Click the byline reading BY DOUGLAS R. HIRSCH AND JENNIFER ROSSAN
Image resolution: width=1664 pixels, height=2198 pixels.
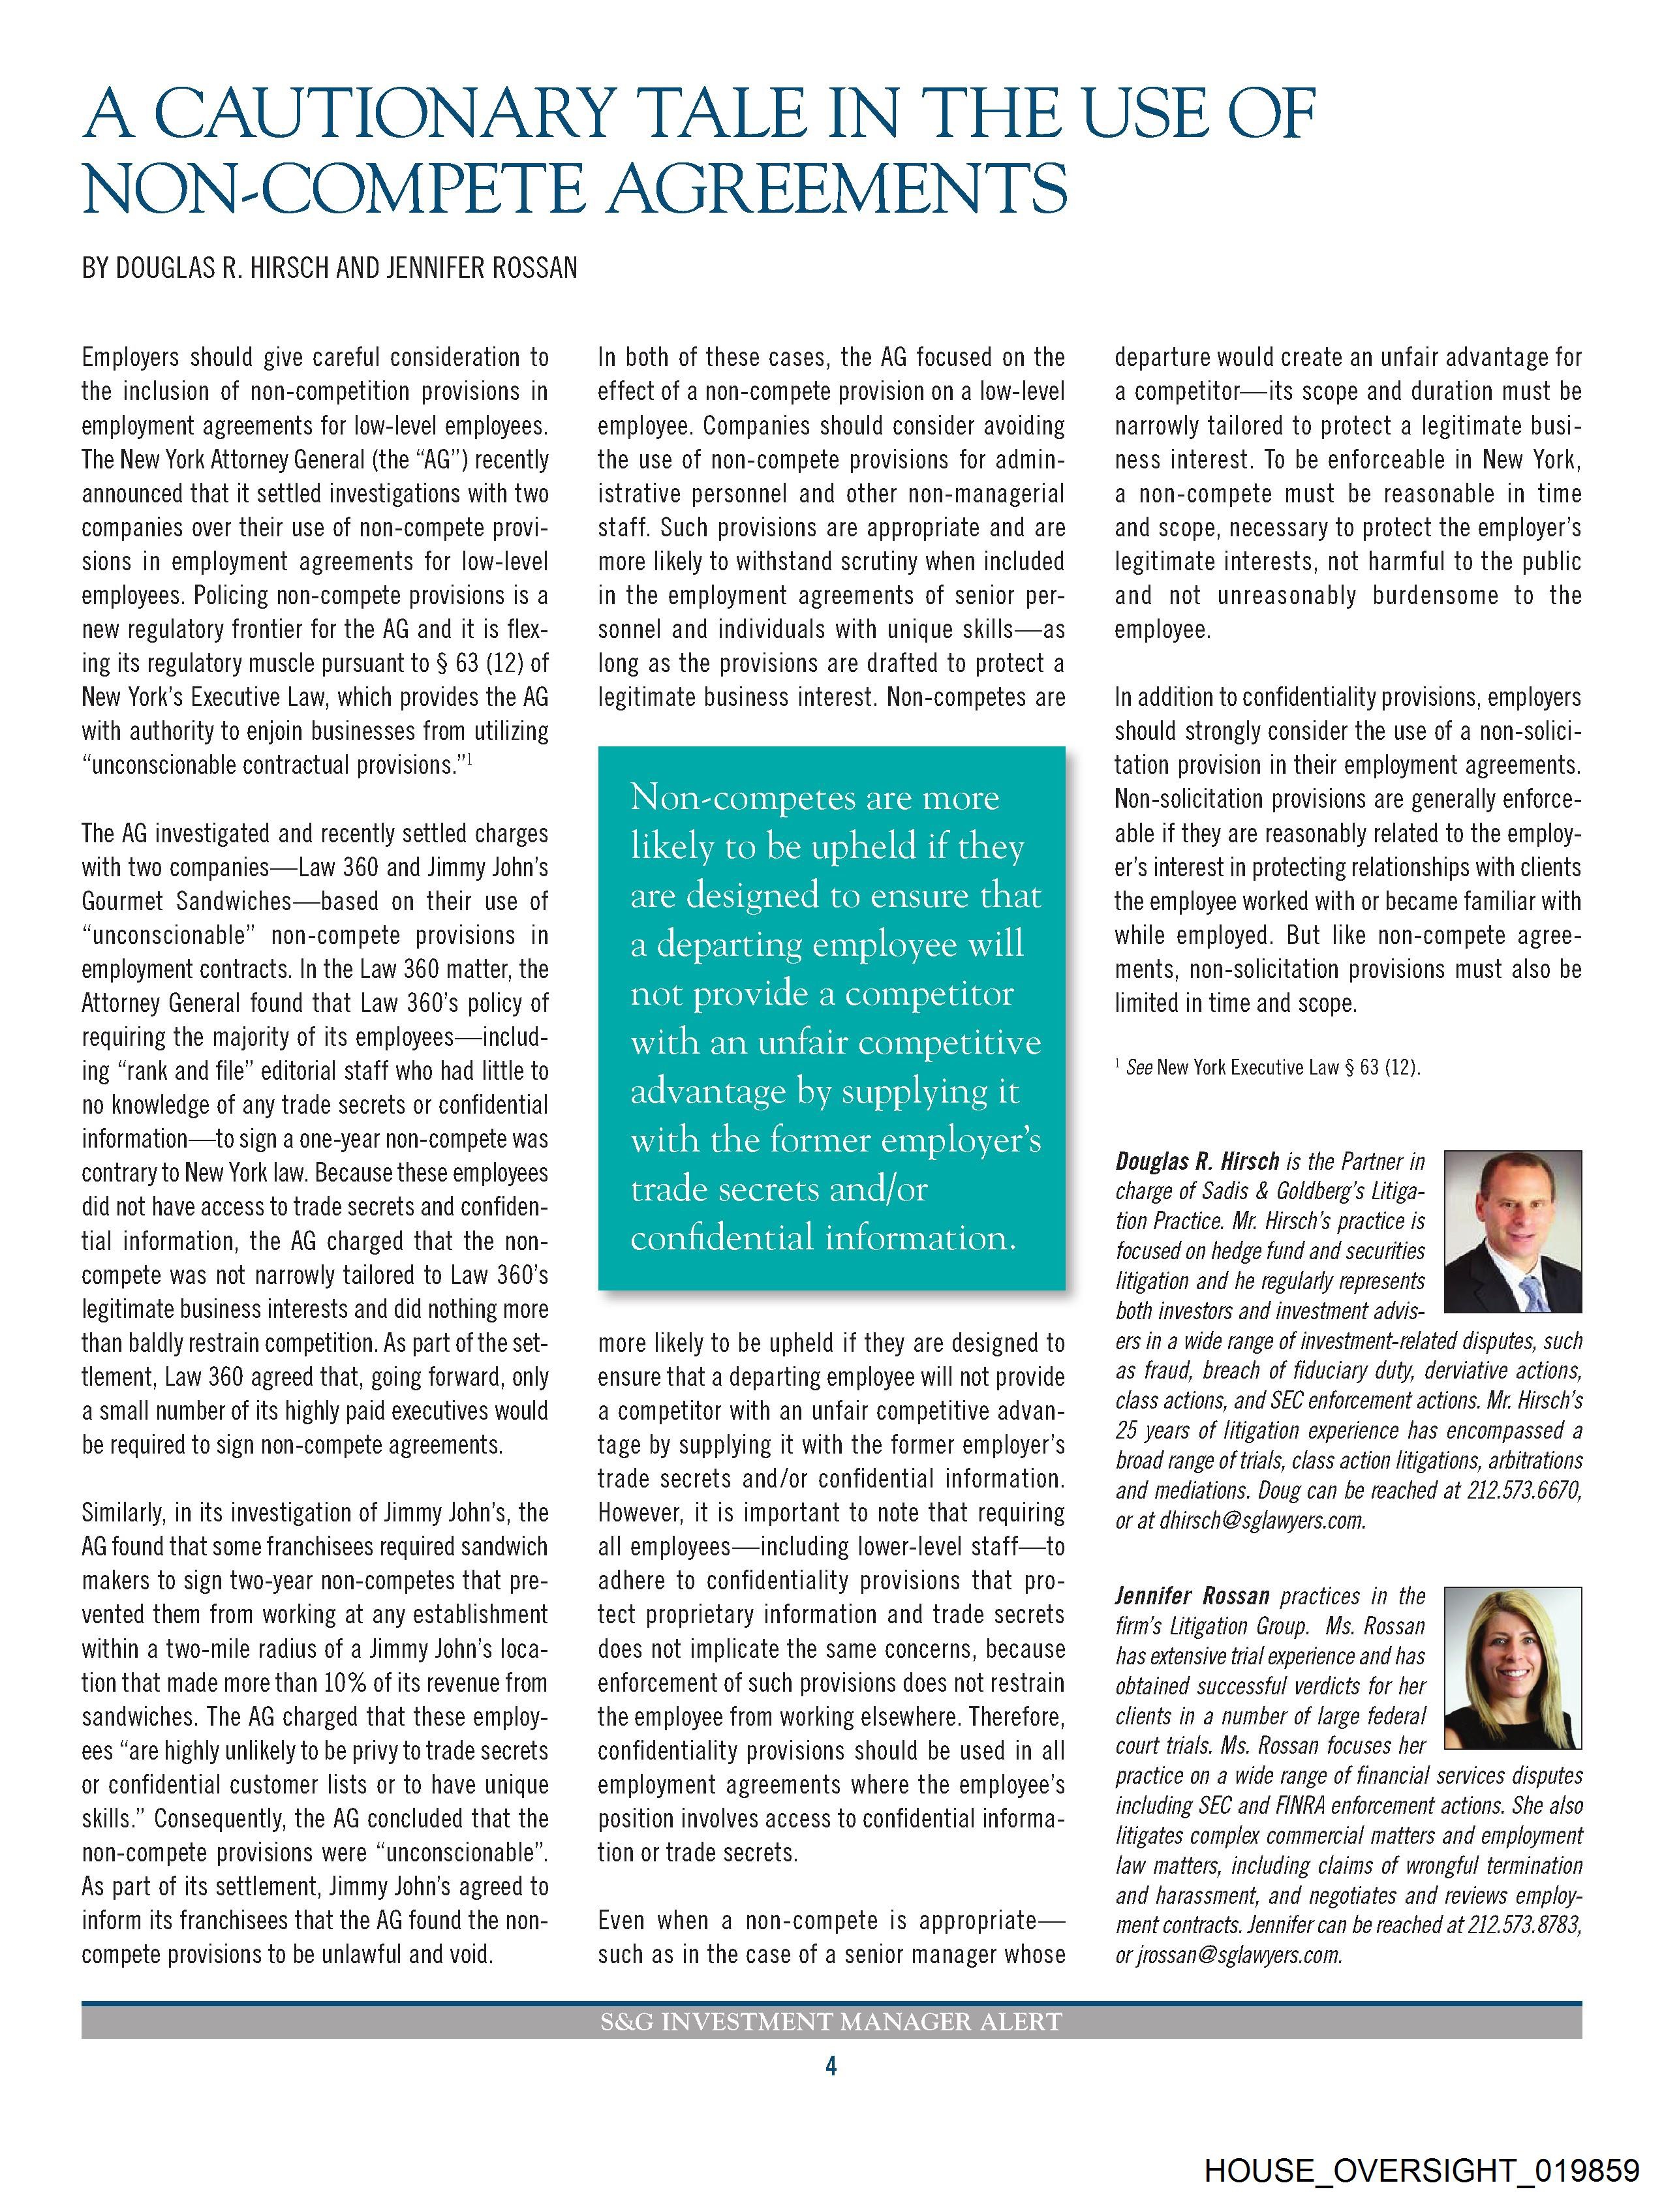(x=329, y=268)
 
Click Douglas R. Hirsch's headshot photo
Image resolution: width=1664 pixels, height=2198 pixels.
(x=1511, y=1231)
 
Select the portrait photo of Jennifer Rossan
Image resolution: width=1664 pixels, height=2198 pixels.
(x=1511, y=1668)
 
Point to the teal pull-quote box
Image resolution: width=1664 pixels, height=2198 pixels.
(x=831, y=1018)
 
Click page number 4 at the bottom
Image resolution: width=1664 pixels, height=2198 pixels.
(x=831, y=2066)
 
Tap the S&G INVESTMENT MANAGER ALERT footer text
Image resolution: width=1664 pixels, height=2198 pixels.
(x=831, y=2021)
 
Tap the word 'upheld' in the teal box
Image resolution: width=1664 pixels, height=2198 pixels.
(x=858, y=847)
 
